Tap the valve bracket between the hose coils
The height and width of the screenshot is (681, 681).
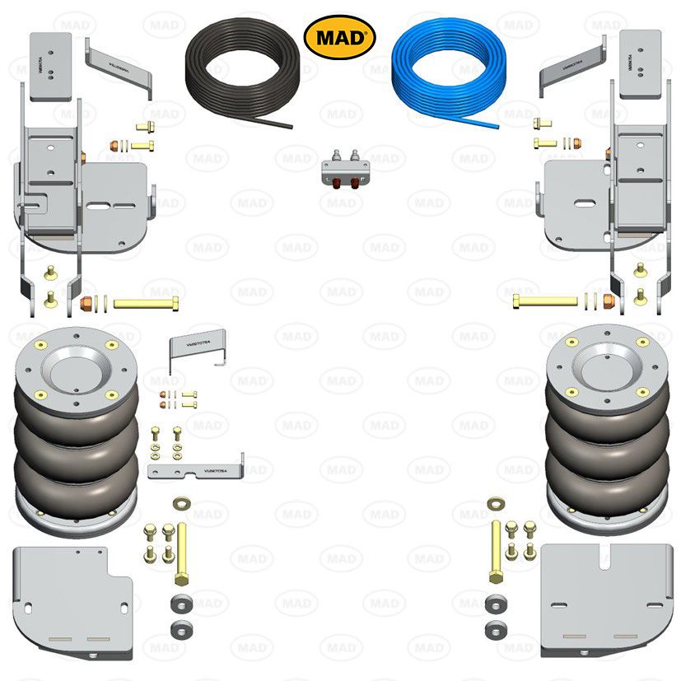343,174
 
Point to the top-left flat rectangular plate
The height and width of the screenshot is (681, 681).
56,66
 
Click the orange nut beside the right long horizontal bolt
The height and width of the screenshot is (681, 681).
609,301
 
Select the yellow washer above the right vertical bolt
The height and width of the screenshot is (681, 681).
497,501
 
